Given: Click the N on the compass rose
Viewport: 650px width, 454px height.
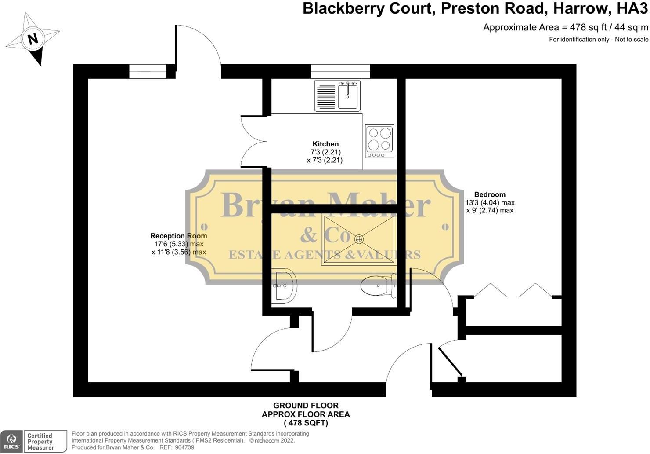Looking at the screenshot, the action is point(33,39).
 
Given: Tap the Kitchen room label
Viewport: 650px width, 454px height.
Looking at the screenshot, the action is point(325,144).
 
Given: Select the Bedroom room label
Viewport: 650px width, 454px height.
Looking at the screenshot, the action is point(490,194).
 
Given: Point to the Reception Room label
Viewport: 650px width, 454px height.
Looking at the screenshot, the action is point(178,236).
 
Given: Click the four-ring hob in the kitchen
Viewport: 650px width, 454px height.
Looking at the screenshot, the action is point(379,142).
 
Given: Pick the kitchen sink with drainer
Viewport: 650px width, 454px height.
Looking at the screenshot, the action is point(337,95).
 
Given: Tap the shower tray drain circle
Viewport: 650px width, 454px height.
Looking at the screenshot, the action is point(359,239).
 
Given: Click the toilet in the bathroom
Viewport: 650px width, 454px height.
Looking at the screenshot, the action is point(379,286).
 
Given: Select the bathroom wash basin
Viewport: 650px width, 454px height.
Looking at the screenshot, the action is point(284,286).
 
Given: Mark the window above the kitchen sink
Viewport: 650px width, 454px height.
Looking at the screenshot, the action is point(341,71).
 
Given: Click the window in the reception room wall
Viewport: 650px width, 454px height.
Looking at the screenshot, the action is point(148,71).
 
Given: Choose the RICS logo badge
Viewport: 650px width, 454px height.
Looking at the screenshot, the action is point(11,441).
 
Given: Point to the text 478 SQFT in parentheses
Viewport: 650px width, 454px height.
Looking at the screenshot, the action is point(306,423).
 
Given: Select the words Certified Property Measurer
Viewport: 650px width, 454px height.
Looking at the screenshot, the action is point(40,441).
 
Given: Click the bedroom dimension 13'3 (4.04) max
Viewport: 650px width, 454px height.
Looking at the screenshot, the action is point(490,203).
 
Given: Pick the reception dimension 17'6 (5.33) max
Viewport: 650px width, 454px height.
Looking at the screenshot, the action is point(179,244).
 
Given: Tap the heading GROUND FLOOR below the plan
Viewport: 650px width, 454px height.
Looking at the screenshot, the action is point(306,406).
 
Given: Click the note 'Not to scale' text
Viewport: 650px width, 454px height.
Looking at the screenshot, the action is point(632,39).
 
